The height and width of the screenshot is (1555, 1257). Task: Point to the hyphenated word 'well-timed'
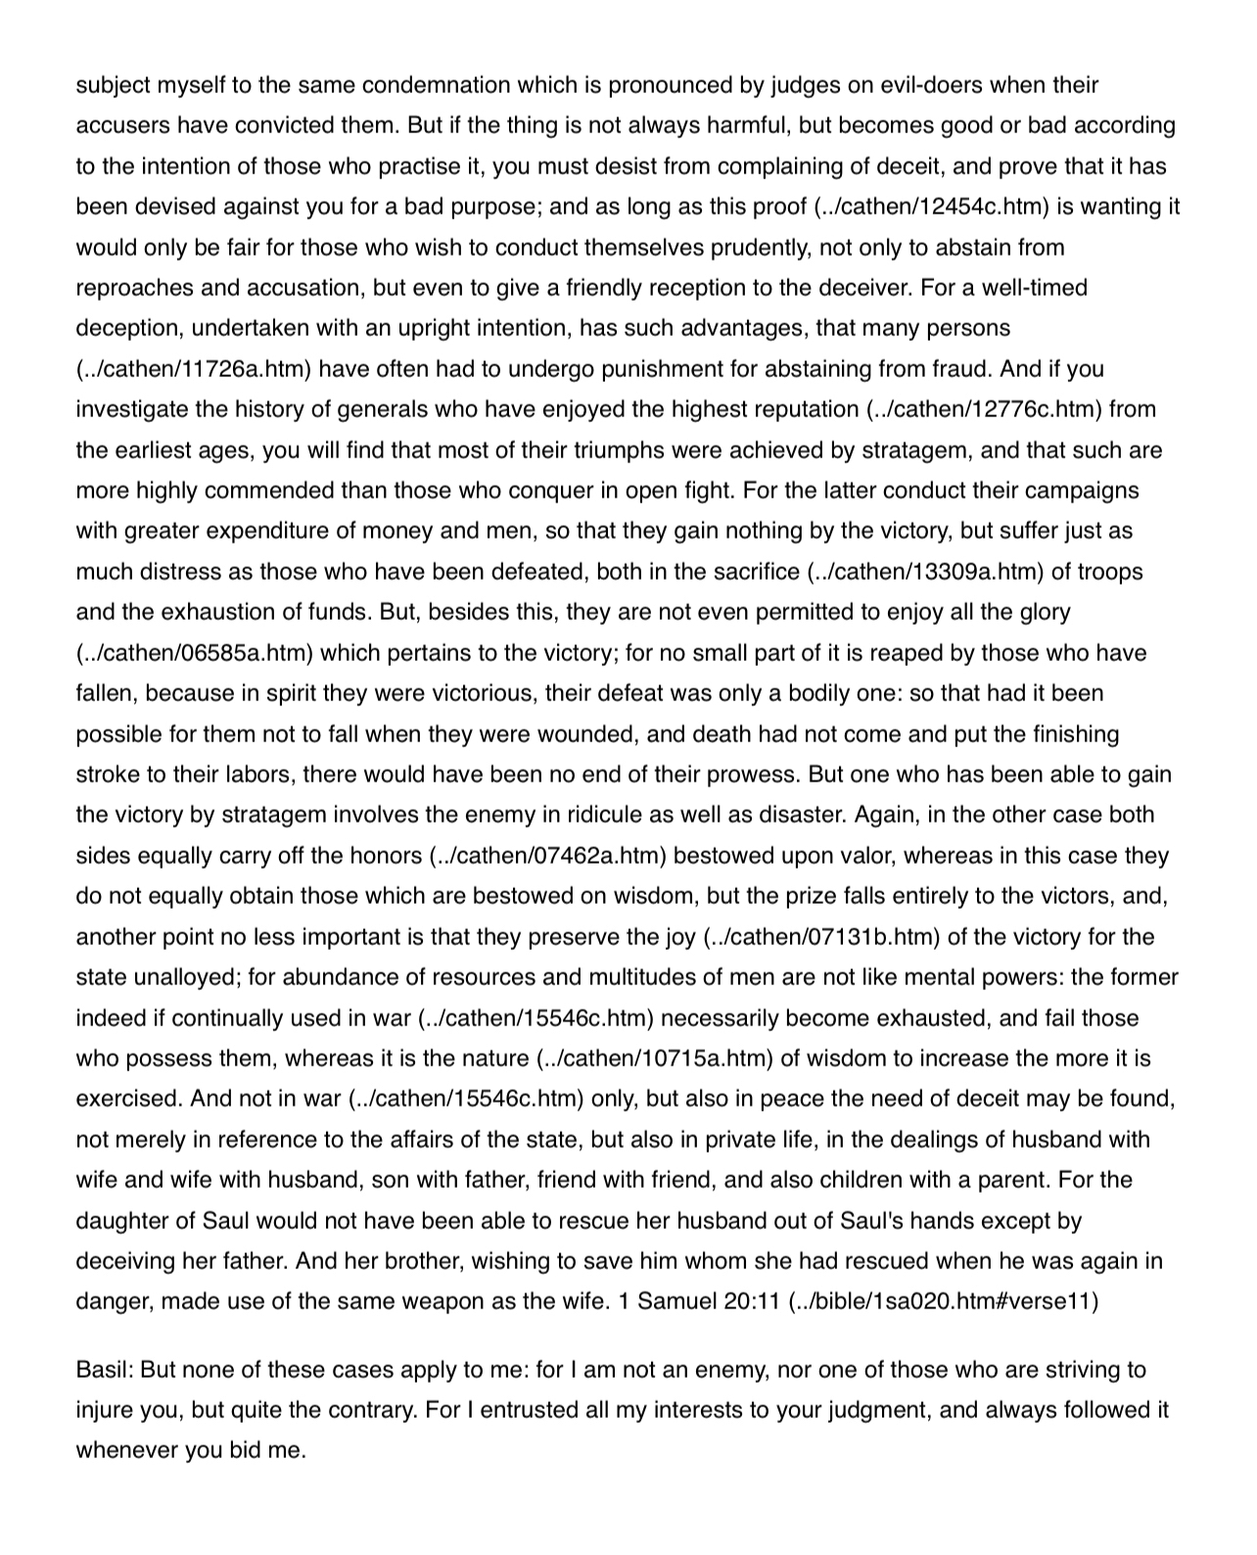click(x=1034, y=288)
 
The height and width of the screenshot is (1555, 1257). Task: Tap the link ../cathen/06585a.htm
click(x=193, y=653)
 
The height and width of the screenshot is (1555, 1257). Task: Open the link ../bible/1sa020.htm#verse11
click(x=943, y=1302)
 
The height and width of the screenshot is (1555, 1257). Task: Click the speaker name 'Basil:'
click(x=105, y=1370)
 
